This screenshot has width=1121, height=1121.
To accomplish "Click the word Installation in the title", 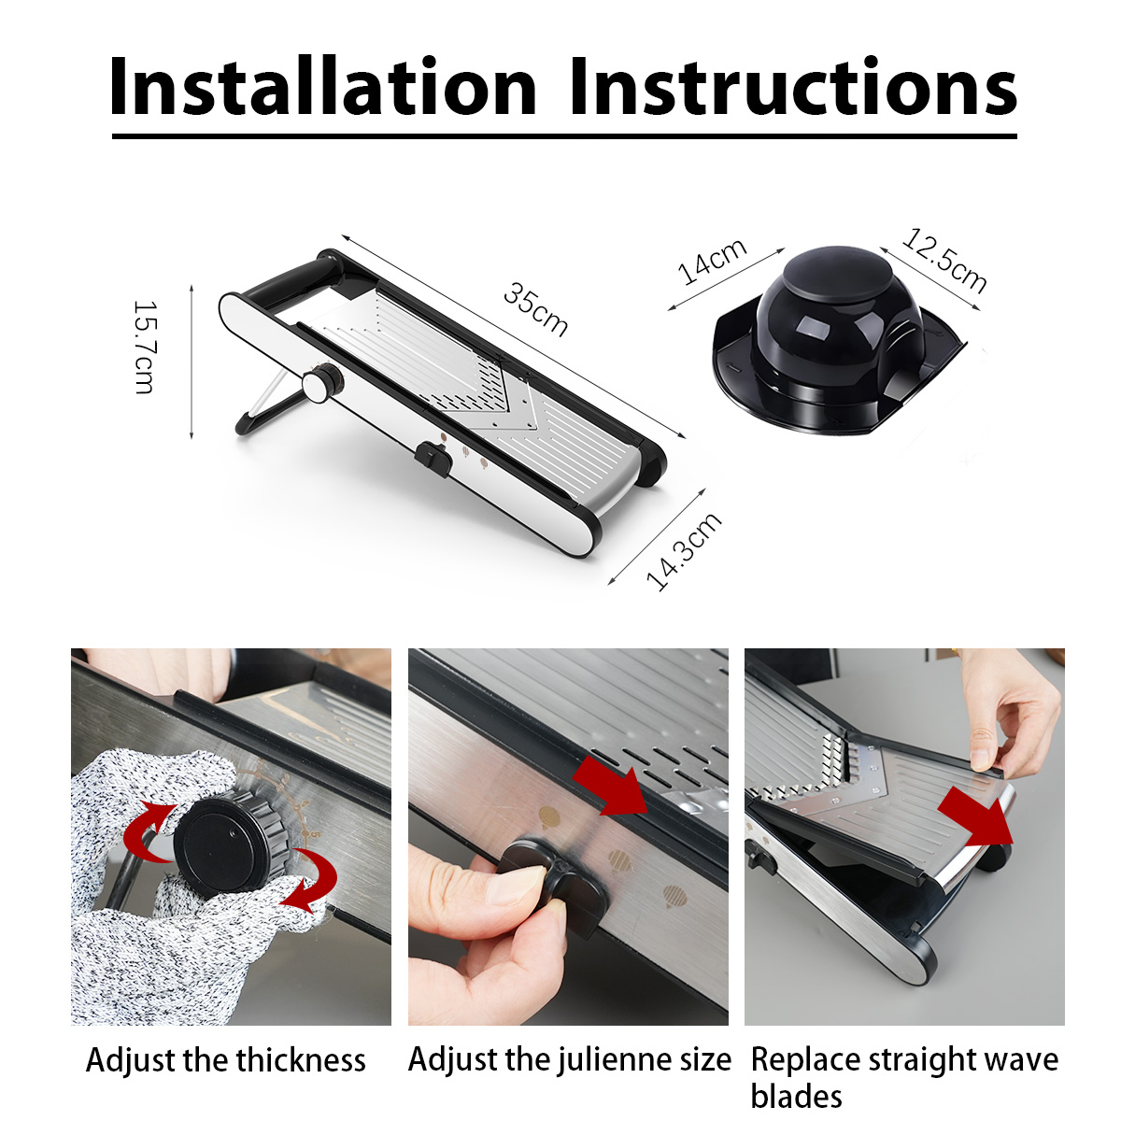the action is (x=323, y=86).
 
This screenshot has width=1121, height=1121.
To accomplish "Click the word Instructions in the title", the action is (x=793, y=86).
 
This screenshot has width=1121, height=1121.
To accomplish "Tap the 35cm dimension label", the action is (x=535, y=309).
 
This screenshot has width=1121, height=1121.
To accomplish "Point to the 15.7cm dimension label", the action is (x=145, y=348).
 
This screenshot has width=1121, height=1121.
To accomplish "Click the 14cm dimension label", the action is (x=712, y=262).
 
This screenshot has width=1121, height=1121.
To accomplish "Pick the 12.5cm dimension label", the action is (x=944, y=261).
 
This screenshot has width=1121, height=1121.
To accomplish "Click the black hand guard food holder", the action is (x=838, y=340).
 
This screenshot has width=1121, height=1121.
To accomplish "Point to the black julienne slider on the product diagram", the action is (x=433, y=460).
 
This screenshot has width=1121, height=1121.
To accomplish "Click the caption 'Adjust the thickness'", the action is (x=226, y=1060).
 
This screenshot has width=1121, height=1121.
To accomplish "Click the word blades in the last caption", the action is (x=797, y=1096).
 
